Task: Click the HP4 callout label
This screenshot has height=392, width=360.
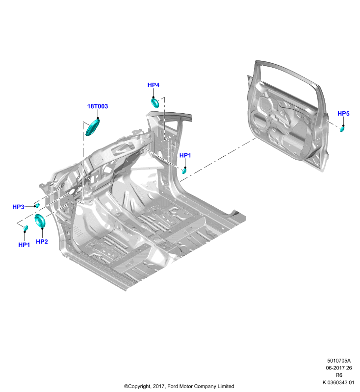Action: point(154,85)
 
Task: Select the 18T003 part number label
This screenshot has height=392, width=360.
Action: point(97,106)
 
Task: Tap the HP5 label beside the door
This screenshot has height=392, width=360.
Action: point(343,114)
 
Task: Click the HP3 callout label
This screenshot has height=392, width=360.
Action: point(18,207)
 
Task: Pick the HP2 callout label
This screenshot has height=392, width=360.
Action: point(42,242)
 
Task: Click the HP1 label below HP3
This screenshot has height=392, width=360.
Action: point(24,245)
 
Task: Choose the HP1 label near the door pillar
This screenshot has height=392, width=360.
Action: point(185,155)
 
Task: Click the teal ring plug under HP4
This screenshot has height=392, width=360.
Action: point(155,103)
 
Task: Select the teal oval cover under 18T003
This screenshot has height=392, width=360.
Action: point(93,127)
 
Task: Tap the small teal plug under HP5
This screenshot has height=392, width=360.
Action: point(342,129)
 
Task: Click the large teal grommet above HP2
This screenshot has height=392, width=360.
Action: point(40,220)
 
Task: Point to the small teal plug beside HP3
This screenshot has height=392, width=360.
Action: point(38,205)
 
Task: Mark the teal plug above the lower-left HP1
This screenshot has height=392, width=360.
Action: point(26,228)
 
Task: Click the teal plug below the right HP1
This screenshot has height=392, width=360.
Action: point(184,171)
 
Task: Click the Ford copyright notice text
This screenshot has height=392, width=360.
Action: point(179,386)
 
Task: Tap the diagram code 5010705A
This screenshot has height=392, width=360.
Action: point(339,361)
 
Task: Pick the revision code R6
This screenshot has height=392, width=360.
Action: point(339,375)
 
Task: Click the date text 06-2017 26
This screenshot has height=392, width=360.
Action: point(339,368)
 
